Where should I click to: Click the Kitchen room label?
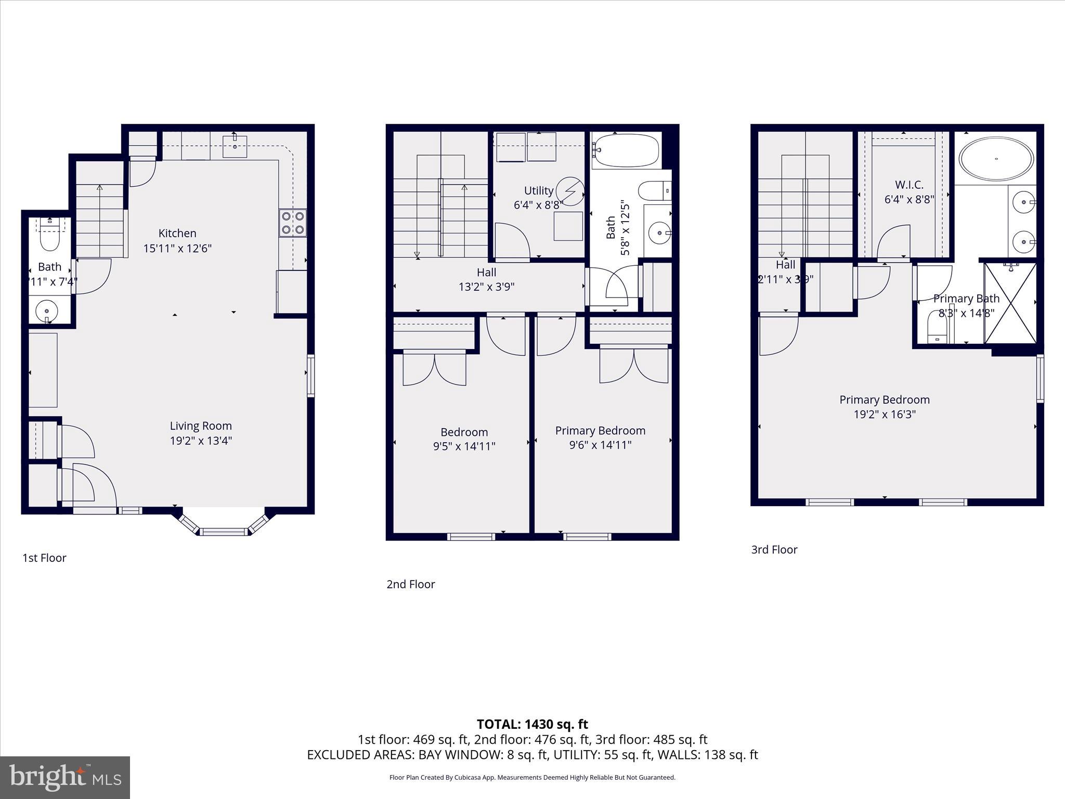click(x=177, y=234)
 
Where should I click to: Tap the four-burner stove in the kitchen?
click(x=293, y=223)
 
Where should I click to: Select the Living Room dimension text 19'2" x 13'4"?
click(x=201, y=441)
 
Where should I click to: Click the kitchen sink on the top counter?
click(x=235, y=146)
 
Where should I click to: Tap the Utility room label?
click(x=538, y=190)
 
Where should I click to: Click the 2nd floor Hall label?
click(x=486, y=272)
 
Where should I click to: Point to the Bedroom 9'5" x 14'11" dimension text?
click(x=464, y=446)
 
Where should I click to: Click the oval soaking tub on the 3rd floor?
click(x=996, y=159)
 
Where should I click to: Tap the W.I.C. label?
click(x=909, y=185)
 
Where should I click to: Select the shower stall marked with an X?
click(x=1010, y=303)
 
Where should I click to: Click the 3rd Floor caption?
click(x=774, y=550)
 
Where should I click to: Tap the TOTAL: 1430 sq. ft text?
click(x=532, y=724)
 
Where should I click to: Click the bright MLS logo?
click(x=65, y=777)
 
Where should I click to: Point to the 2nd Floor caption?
click(x=410, y=584)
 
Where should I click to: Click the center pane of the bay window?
click(x=224, y=532)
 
